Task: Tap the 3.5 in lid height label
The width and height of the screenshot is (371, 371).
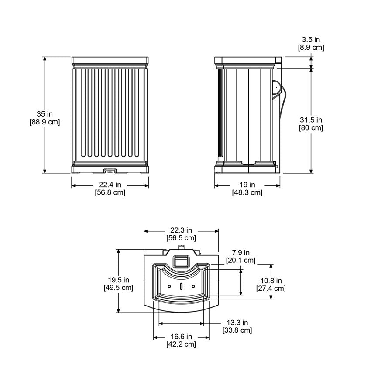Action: pos(311,39)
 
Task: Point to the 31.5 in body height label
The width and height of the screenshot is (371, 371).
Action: pos(311,120)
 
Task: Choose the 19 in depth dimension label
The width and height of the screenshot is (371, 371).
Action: pos(247,185)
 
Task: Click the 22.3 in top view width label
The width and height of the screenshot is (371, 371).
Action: pos(181,230)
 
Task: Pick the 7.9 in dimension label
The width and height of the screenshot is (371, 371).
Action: pos(240,253)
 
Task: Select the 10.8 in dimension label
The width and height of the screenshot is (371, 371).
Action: pos(271,281)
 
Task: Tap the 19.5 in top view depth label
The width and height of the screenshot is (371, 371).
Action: pos(118,280)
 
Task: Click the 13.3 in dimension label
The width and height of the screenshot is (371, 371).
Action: pos(237,323)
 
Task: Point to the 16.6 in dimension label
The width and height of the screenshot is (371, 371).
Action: pos(181,337)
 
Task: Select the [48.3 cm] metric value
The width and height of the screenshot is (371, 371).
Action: pos(247,192)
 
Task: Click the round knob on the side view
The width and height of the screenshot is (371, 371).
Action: pos(275,88)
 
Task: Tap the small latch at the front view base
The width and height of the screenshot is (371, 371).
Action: pos(110,169)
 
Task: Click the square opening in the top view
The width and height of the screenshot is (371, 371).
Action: pos(181,261)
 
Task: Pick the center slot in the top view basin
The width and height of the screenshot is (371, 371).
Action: pos(181,287)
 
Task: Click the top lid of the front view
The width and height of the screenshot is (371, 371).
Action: pos(110,60)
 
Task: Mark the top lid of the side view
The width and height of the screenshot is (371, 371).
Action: pos(247,60)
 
